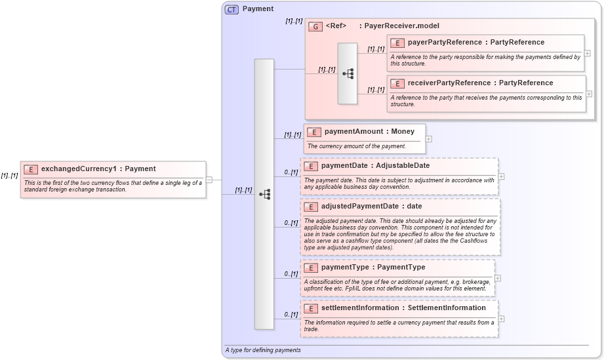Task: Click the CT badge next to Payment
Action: tap(232, 9)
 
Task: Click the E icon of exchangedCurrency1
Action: tap(31, 169)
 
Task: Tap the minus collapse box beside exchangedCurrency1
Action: tap(209, 179)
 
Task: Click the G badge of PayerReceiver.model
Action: tap(315, 26)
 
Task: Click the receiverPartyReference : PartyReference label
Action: tap(480, 83)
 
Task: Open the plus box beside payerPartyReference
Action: tap(588, 53)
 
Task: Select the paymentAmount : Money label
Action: tap(369, 132)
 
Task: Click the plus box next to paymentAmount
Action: tap(429, 138)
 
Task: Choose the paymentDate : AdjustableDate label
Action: tap(375, 166)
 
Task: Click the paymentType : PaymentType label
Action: tap(373, 268)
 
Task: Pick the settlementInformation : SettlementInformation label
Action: tap(403, 308)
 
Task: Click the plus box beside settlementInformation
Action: tap(502, 319)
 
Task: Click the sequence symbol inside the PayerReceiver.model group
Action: tap(348, 73)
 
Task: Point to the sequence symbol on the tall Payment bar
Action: tap(264, 194)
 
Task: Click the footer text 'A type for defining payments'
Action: tap(263, 350)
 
